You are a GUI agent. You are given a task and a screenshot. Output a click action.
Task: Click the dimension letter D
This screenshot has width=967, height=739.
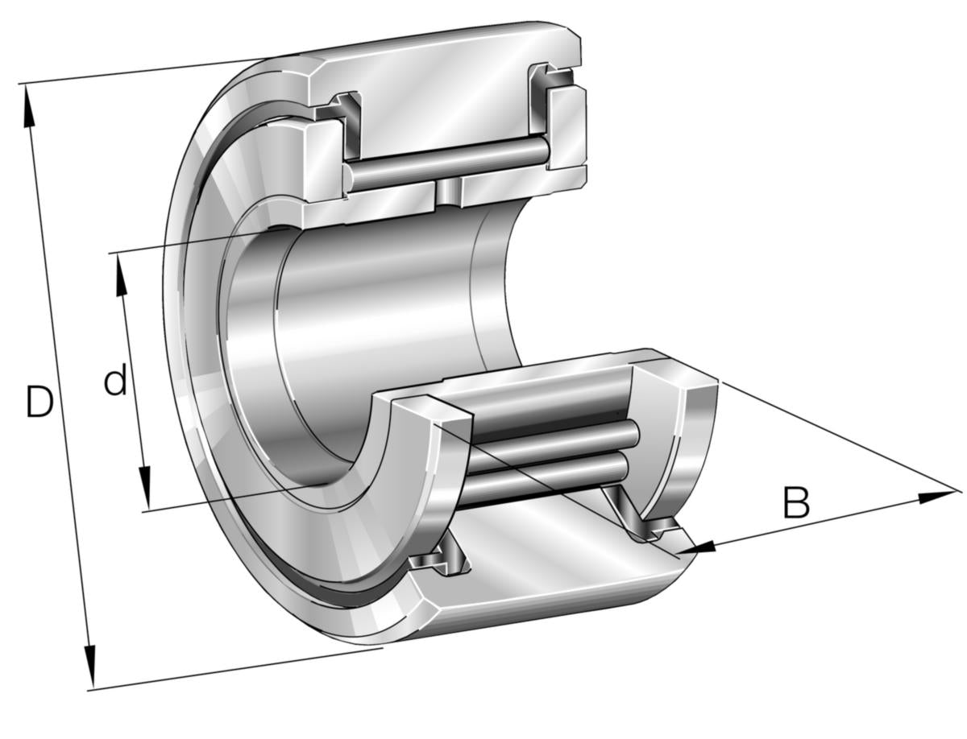39,401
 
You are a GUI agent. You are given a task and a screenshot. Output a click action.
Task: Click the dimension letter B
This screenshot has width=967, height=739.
796,502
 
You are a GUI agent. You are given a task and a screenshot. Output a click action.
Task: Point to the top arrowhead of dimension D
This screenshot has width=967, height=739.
29,105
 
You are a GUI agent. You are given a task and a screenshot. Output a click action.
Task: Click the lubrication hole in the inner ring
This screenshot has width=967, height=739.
448,192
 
